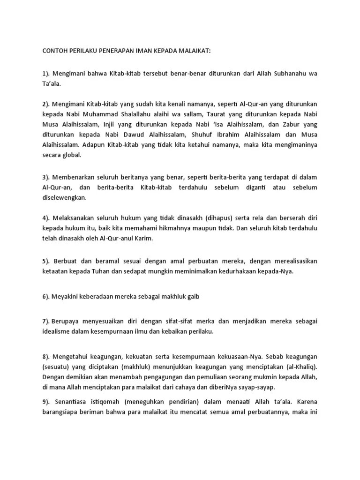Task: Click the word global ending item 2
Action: [x=71, y=154]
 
